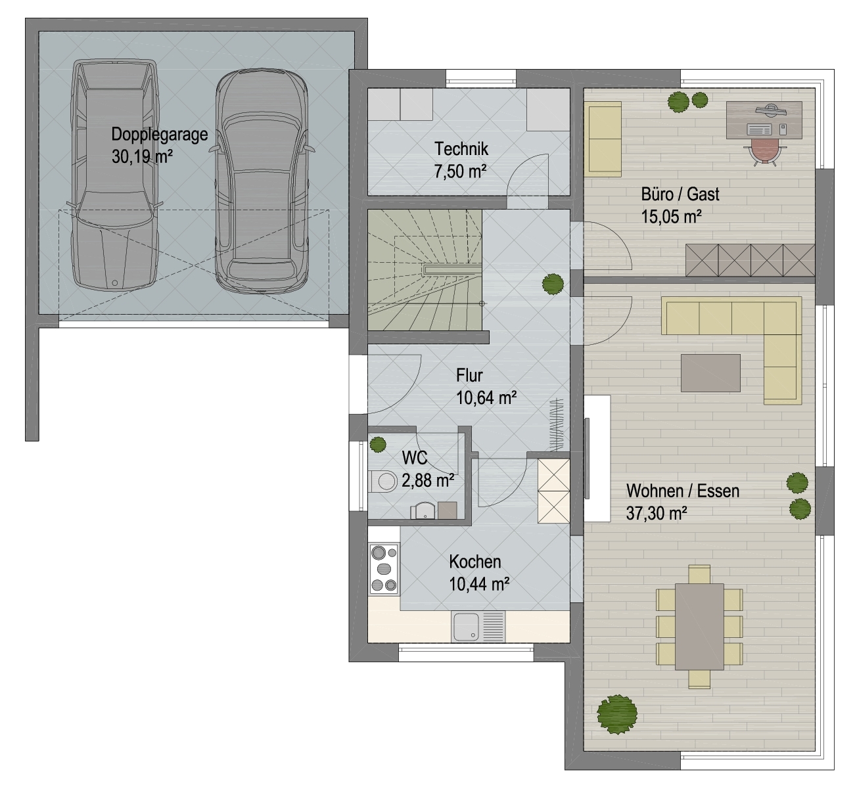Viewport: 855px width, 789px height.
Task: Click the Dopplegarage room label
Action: pos(159,135)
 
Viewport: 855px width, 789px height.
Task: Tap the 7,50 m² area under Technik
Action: pos(460,171)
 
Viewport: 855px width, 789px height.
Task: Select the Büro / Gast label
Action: pos(680,194)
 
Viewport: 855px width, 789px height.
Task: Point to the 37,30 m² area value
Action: pos(656,514)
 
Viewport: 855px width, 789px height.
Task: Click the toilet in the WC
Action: pos(382,482)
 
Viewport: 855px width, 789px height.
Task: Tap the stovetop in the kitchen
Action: pos(384,569)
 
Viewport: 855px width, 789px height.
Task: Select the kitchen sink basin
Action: pos(466,627)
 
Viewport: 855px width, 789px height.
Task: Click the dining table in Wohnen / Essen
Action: pos(699,627)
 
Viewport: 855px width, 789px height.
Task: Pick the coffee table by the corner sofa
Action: pos(711,373)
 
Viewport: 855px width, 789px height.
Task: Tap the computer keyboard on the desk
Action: pos(760,129)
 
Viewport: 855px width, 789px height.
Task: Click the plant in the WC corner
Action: pos(378,445)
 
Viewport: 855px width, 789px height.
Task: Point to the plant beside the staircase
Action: pos(553,284)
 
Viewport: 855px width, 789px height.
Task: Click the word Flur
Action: pos(469,376)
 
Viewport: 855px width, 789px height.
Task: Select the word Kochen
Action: pos(475,562)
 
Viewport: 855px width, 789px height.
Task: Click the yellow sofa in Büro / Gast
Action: pos(605,139)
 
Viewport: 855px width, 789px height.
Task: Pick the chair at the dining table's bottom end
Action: pos(699,679)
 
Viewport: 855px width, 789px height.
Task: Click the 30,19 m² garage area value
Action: pos(142,156)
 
